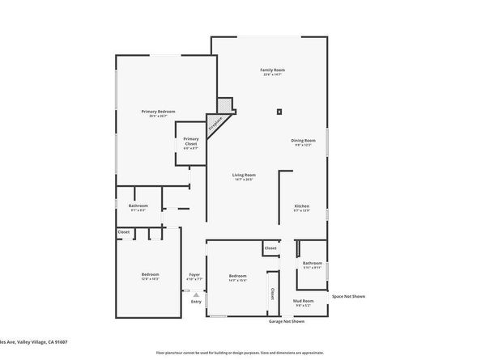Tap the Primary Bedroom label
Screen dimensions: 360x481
pyautogui.click(x=158, y=112)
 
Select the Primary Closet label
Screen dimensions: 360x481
pyautogui.click(x=190, y=140)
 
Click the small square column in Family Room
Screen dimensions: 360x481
pyautogui.click(x=279, y=111)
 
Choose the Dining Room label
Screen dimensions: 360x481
pyautogui.click(x=304, y=141)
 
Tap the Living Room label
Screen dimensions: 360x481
pyautogui.click(x=244, y=175)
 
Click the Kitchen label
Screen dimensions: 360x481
pyautogui.click(x=301, y=206)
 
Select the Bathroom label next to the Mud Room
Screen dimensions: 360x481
pyautogui.click(x=313, y=262)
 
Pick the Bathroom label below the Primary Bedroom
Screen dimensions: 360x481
pyautogui.click(x=138, y=205)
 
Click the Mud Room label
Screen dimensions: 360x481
pyautogui.click(x=303, y=301)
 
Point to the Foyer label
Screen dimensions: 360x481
pyautogui.click(x=194, y=274)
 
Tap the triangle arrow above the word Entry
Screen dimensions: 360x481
pyautogui.click(x=195, y=294)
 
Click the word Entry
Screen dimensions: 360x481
pyautogui.click(x=196, y=302)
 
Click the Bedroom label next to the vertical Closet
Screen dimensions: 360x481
pyautogui.click(x=237, y=275)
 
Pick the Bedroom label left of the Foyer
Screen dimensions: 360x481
pyautogui.click(x=151, y=274)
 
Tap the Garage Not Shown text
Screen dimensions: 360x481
pyautogui.click(x=287, y=321)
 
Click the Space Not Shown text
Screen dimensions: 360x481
pyautogui.click(x=348, y=296)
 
